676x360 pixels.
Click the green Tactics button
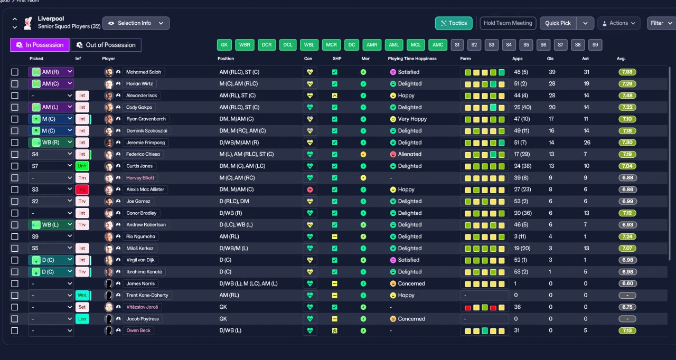point(454,23)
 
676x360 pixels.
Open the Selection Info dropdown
point(136,23)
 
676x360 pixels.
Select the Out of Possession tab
point(106,45)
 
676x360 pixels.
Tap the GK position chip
point(224,45)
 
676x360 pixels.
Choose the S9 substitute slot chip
point(595,45)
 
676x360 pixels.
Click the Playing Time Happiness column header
point(412,59)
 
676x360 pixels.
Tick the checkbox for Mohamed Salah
point(14,72)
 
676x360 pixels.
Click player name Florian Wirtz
point(139,84)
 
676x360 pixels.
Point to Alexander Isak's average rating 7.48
point(627,96)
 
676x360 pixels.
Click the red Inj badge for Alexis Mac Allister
point(82,190)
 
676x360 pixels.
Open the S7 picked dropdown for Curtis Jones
point(51,166)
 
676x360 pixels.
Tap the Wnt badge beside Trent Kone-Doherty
point(82,295)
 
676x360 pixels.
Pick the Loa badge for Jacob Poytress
point(82,319)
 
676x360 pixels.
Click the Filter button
point(661,23)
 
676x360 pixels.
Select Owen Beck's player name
point(138,330)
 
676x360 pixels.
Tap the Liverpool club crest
point(28,23)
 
